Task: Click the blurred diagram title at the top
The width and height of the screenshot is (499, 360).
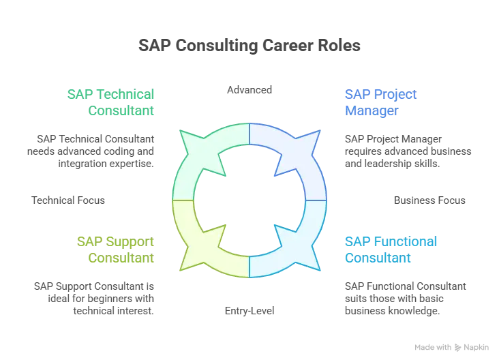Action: point(249,47)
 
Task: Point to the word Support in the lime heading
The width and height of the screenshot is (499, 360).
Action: point(130,242)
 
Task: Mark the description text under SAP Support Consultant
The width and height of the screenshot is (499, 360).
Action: point(95,297)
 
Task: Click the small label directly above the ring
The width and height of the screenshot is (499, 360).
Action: point(249,91)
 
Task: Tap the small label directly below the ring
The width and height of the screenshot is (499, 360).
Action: point(250,311)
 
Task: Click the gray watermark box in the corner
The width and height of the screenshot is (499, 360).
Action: point(452,347)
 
